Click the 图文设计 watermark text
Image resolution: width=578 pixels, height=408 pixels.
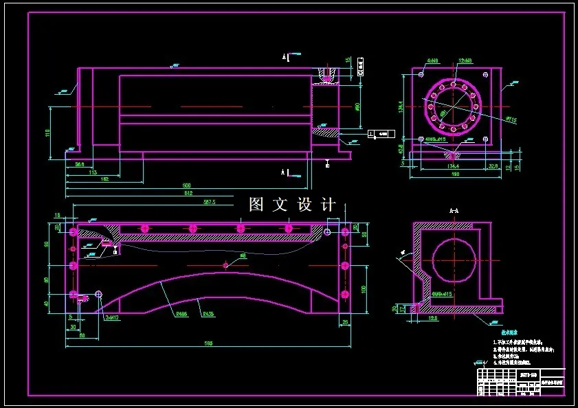tap(293, 205)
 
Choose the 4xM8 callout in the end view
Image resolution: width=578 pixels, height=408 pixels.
tap(432, 61)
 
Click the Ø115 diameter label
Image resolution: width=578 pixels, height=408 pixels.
tap(511, 120)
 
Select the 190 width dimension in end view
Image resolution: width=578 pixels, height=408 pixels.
tap(455, 174)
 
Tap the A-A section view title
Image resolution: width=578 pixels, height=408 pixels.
tap(454, 210)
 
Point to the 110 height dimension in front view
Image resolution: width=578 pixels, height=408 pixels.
tap(48, 133)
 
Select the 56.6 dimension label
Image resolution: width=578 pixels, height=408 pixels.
tap(80, 164)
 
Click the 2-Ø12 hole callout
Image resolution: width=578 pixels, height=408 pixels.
tap(113, 317)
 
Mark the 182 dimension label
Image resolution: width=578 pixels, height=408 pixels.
tap(104, 179)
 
